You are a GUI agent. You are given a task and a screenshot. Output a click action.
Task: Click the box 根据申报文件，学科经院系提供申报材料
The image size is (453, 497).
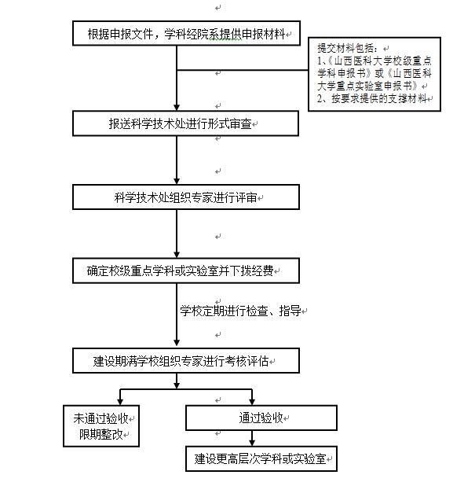click(x=186, y=33)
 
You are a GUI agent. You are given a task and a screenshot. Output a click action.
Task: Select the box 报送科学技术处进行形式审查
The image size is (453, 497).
click(x=186, y=123)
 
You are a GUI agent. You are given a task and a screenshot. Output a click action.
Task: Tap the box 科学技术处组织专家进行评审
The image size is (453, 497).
click(x=186, y=197)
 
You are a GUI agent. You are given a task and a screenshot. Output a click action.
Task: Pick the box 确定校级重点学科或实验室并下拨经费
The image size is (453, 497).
click(x=186, y=271)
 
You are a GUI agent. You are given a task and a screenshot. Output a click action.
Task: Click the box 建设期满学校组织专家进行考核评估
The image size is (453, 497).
click(x=186, y=361)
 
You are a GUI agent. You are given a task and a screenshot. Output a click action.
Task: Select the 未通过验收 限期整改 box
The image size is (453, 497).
click(x=101, y=426)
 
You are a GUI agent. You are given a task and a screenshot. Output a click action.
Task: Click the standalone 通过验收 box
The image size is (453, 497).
click(x=261, y=418)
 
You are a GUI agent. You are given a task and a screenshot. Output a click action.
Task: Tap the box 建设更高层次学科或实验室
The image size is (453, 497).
click(x=261, y=458)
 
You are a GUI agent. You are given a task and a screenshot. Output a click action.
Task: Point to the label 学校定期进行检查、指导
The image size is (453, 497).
click(x=240, y=311)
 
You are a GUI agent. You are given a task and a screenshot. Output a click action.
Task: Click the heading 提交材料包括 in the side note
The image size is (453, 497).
click(x=347, y=48)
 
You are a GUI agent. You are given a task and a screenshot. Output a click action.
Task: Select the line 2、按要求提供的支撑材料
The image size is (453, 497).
click(x=372, y=98)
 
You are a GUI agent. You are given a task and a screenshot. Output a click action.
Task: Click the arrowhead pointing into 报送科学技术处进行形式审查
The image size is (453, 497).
click(x=177, y=108)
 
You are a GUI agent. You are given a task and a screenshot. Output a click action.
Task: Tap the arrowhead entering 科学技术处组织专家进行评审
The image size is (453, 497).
click(x=177, y=182)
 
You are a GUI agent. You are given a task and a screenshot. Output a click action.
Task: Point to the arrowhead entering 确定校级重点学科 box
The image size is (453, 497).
click(x=177, y=255)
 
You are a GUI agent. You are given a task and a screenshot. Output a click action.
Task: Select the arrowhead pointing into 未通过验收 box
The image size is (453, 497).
click(x=120, y=402)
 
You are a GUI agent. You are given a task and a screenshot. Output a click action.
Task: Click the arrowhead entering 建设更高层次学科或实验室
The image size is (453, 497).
click(x=252, y=443)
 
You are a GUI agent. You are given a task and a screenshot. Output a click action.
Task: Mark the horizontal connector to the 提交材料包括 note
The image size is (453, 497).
click(x=243, y=70)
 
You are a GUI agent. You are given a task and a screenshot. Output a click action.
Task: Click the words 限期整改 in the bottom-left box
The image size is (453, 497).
click(x=101, y=434)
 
